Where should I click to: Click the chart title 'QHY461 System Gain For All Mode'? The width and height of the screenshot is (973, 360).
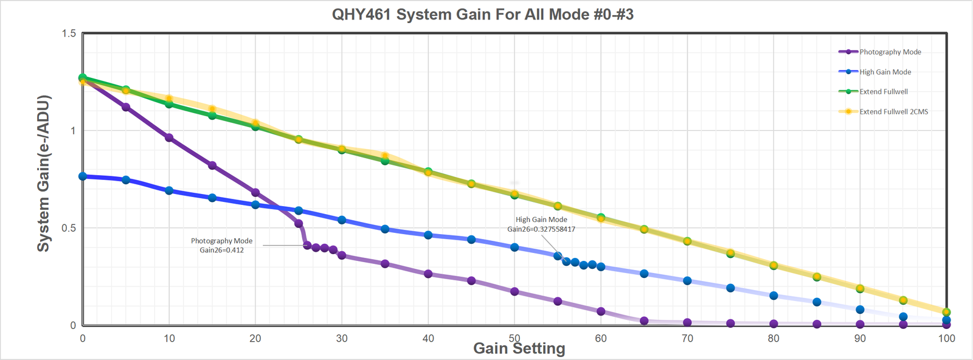click(482, 15)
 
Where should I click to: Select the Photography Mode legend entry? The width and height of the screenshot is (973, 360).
click(890, 52)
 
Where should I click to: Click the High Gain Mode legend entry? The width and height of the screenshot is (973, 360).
click(885, 72)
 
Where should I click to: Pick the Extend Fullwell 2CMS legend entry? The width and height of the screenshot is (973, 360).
click(893, 112)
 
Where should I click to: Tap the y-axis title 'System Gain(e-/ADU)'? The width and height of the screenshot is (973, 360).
click(43, 173)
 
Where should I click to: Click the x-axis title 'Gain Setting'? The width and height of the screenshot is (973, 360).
click(519, 348)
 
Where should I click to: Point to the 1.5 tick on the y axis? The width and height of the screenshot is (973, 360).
click(69, 33)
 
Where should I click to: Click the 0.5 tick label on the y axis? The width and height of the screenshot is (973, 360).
click(69, 228)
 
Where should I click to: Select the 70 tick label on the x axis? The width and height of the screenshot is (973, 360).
click(687, 338)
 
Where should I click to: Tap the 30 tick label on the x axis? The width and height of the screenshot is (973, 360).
click(342, 338)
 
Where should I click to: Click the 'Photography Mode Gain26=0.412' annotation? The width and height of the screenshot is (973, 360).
click(221, 246)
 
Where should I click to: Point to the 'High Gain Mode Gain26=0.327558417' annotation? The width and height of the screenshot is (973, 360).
click(541, 224)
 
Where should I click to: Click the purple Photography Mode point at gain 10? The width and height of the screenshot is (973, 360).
click(169, 138)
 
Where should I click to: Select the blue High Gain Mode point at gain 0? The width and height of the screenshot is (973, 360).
click(83, 176)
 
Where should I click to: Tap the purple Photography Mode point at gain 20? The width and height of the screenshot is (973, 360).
click(255, 193)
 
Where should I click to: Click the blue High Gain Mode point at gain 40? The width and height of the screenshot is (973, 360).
click(428, 235)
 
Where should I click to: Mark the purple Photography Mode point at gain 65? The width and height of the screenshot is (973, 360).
click(644, 320)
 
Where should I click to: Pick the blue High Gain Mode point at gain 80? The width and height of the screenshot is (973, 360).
click(774, 296)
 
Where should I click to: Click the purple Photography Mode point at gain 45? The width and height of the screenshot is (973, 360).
click(471, 280)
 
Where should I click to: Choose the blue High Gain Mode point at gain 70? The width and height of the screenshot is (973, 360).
click(687, 281)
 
